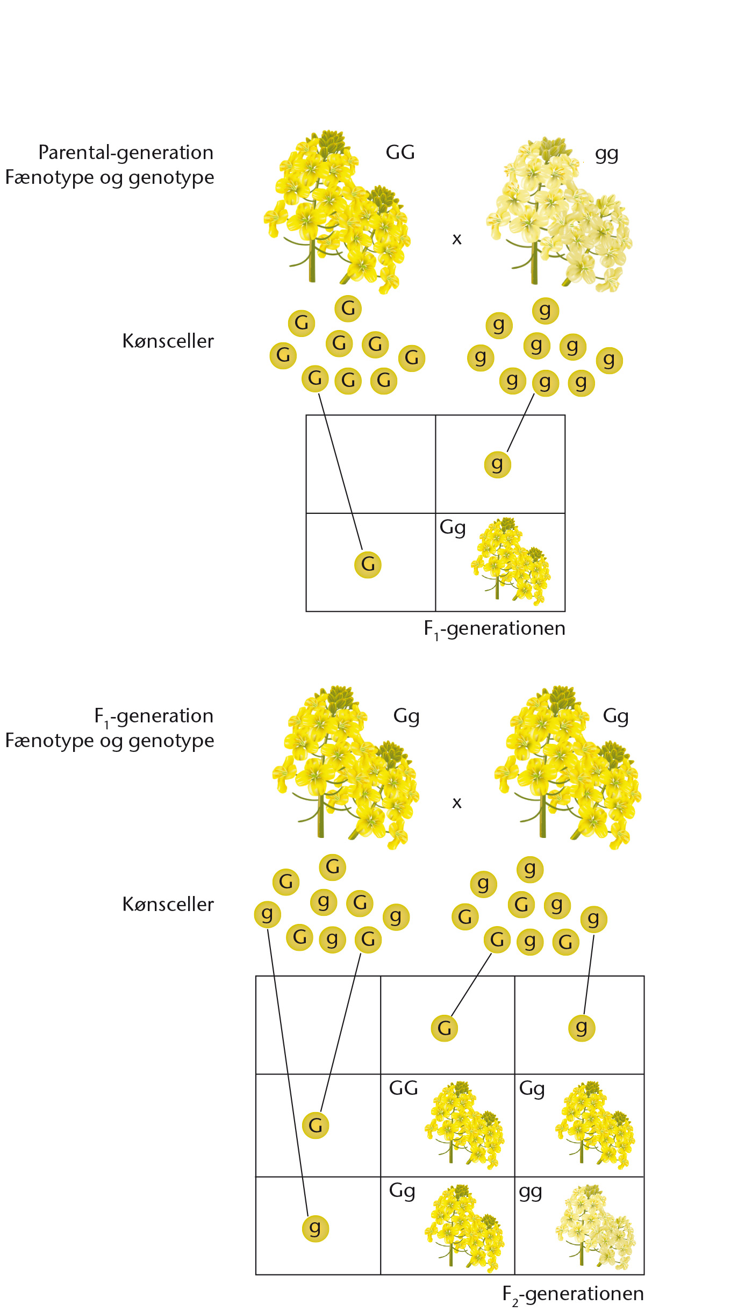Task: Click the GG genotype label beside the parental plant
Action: [x=400, y=153]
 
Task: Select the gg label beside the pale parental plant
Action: [x=607, y=155]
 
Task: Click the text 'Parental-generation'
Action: [x=126, y=153]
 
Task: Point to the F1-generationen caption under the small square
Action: [x=495, y=629]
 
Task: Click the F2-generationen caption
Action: [x=573, y=1294]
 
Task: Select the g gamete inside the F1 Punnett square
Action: [x=498, y=464]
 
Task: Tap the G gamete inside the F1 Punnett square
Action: [x=368, y=564]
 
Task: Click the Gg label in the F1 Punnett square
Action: [x=453, y=528]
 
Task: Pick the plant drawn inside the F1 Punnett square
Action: [x=511, y=562]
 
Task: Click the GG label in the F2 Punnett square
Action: [x=404, y=1088]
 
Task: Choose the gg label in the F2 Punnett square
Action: [x=531, y=1193]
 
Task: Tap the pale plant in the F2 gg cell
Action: [x=596, y=1227]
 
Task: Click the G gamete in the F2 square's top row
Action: [x=445, y=1028]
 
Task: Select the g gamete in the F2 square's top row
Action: [x=582, y=1028]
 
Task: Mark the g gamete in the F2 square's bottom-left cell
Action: [x=316, y=1229]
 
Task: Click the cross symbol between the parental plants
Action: [x=457, y=239]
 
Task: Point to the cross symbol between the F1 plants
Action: [x=457, y=803]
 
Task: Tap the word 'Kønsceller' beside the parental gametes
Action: [x=168, y=341]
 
